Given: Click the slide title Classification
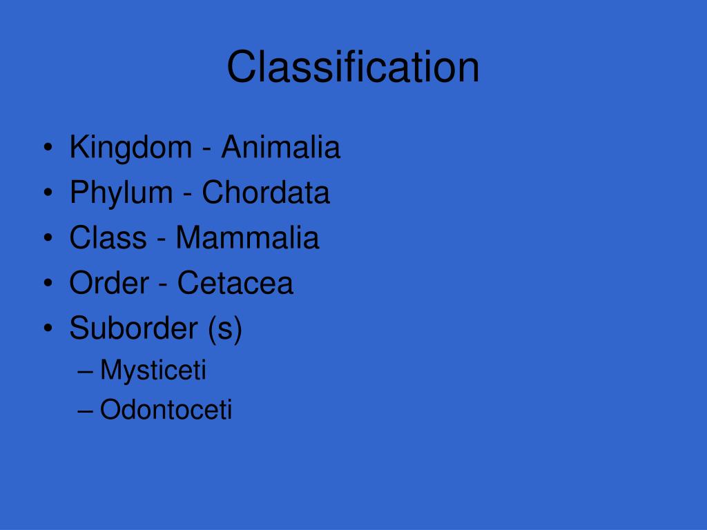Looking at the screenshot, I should point(353,68).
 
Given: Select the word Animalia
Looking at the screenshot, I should point(280,148).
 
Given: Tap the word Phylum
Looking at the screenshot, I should point(122,193).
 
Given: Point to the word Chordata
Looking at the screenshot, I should point(266,193).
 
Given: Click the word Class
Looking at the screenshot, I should point(108,238).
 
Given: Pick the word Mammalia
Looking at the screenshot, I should point(247,238).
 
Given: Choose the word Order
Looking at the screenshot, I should point(108,283).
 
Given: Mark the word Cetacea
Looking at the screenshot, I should point(235,283).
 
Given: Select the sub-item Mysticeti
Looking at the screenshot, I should point(153,371).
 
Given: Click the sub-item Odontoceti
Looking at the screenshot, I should point(166,410).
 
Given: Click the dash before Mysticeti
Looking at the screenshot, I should point(86,371).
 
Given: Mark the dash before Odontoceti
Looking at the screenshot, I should point(86,411).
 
